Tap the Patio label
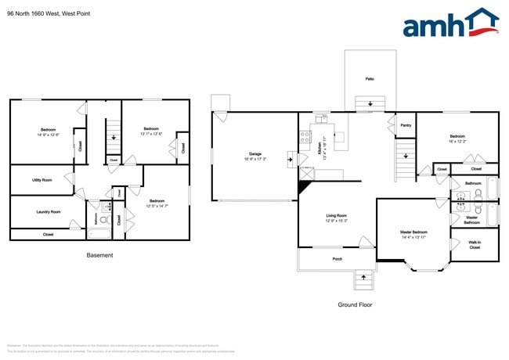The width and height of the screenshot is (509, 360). [368, 79]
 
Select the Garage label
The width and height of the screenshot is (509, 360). [255, 153]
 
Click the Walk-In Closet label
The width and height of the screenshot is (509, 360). [475, 245]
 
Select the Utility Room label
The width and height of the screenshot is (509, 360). [42, 180]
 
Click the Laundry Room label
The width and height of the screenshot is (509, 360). [49, 211]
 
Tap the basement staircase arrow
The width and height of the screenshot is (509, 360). [114, 138]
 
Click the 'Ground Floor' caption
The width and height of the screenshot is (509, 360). [355, 304]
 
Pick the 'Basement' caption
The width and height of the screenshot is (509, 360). [99, 255]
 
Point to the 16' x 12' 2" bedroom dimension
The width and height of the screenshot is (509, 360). [457, 142]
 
